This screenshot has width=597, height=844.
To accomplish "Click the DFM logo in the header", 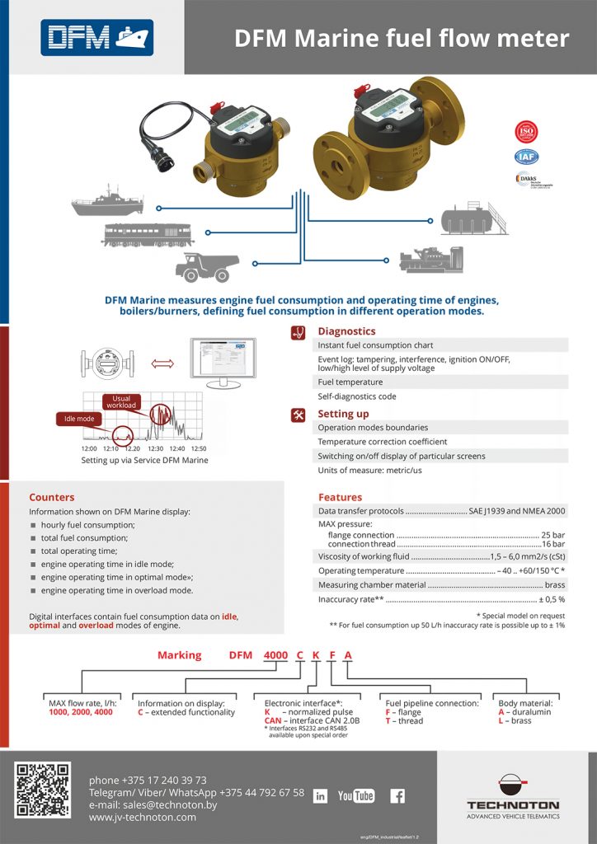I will coord(96,37).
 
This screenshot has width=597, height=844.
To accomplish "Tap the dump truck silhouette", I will coord(208,267).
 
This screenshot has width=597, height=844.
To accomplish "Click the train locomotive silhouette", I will coord(147,234).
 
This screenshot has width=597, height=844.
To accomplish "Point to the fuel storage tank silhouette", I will coord(476,217).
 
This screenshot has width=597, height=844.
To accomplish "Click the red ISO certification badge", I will coord(526,131).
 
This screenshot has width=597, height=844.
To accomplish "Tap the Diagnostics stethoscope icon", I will coord(298,331).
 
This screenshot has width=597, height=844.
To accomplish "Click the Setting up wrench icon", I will coord(298,415).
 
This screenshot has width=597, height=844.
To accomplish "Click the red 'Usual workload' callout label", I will coord(120,401).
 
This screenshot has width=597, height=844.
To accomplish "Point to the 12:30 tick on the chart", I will coord(155,448).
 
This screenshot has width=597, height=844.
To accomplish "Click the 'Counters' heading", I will coord(51,497).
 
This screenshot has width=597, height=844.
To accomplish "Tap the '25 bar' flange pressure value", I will coord(552,535).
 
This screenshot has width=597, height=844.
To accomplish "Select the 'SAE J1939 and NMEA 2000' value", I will coord(517,512).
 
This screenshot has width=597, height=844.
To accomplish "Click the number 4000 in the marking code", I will coord(275,655).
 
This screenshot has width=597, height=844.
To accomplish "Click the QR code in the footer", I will coord(43,790).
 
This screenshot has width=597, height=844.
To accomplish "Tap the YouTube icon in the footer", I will coord(356,795).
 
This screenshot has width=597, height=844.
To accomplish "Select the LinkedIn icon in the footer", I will coord(321,795).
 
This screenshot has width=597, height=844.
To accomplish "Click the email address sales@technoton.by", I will coord(170,804).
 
